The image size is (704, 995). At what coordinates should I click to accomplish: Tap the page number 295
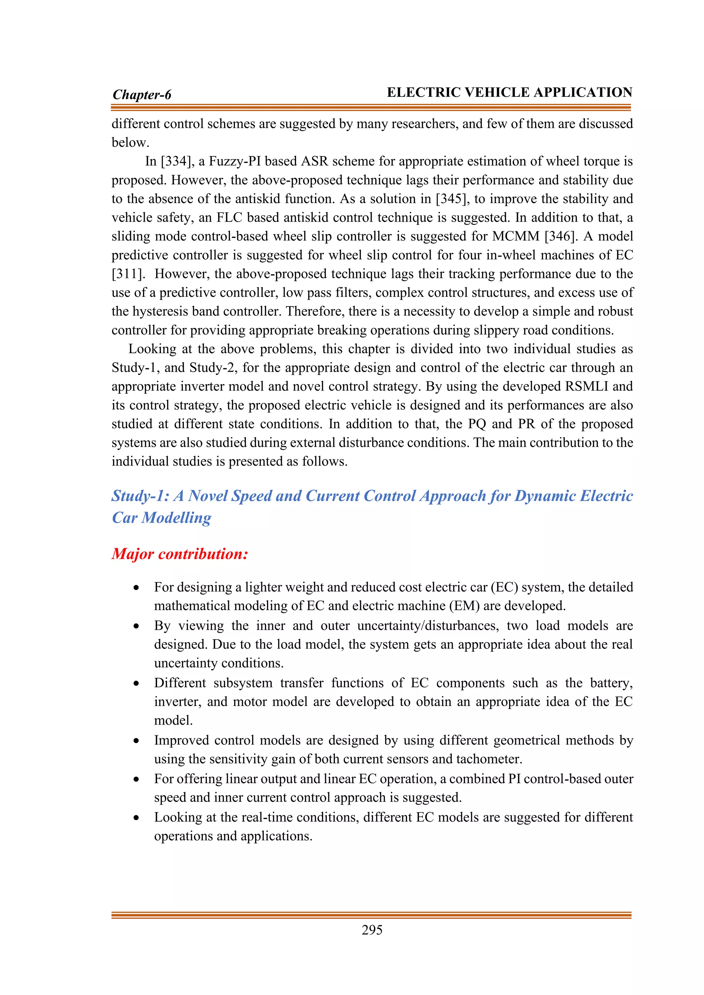pos(372,930)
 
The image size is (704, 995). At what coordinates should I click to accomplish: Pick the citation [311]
pos(128,274)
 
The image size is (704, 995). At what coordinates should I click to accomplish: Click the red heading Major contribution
pos(179,554)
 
